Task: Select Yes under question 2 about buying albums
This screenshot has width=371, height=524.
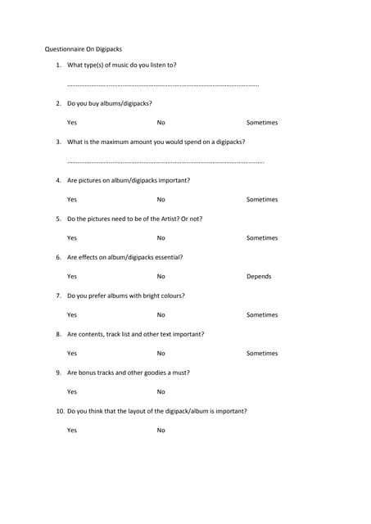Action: tap(72, 123)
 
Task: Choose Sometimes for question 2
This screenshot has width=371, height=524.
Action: tap(262, 123)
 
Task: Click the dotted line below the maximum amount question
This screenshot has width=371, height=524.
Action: tap(165, 162)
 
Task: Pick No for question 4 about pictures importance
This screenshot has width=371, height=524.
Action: tap(161, 200)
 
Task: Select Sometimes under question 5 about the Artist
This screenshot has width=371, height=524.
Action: tap(262, 238)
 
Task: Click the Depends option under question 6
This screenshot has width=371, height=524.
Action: tap(259, 277)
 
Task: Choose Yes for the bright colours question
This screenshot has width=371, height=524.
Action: tap(72, 315)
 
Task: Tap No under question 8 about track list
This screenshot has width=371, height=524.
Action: tap(161, 354)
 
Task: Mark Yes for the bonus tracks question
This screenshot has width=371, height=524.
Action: tap(72, 392)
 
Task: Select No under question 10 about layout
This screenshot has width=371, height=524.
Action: tap(161, 431)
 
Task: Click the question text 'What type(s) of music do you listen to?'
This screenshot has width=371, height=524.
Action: tap(121, 65)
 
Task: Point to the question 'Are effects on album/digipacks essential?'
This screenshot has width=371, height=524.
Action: tap(124, 257)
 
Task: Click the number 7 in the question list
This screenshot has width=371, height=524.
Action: tap(58, 296)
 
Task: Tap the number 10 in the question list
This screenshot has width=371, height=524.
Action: tap(60, 411)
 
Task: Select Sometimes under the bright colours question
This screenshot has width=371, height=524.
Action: tap(262, 315)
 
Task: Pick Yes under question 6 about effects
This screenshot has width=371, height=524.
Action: tap(72, 277)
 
